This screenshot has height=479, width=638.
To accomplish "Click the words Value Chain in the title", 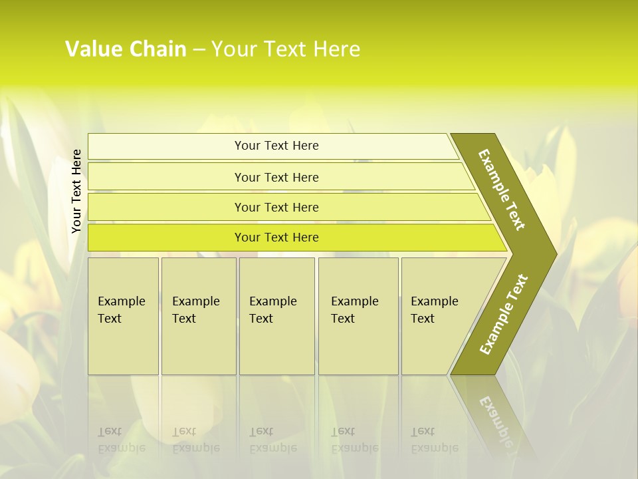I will pyautogui.click(x=126, y=49).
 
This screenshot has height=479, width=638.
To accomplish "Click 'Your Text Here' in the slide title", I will pyautogui.click(x=286, y=49).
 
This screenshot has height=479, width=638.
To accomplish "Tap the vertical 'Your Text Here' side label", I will pyautogui.click(x=76, y=191).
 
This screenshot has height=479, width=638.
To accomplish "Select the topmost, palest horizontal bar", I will pyautogui.click(x=276, y=146).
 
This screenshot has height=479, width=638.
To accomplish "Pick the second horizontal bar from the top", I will pyautogui.click(x=276, y=177).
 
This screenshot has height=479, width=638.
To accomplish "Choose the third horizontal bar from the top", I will pyautogui.click(x=276, y=207).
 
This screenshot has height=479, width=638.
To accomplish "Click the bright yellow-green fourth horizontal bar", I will pyautogui.click(x=276, y=238).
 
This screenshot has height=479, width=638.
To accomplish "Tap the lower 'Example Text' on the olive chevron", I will pyautogui.click(x=504, y=314).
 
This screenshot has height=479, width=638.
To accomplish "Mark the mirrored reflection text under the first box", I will pyautogui.click(x=122, y=440).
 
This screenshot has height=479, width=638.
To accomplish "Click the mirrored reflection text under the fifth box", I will pyautogui.click(x=435, y=440).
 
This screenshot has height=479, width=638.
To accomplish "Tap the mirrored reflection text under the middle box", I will pyautogui.click(x=273, y=440).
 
